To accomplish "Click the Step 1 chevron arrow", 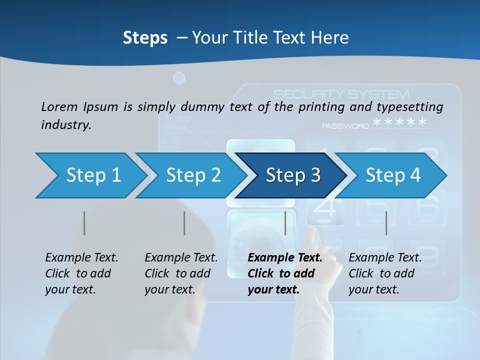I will (90, 175).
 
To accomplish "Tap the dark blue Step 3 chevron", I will (292, 175).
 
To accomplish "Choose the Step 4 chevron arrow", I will (392, 175).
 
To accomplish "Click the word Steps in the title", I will (145, 38).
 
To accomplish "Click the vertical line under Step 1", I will (84, 223).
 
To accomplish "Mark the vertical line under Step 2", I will (184, 223).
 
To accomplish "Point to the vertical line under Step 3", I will (285, 223).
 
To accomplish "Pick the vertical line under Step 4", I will (386, 223).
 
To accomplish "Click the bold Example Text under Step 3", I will (285, 258).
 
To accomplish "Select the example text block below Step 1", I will (81, 273).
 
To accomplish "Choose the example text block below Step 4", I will (385, 273).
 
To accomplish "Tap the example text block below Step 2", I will (181, 273).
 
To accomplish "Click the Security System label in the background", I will (341, 94).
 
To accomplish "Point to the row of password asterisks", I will (399, 123).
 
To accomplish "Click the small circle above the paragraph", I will (179, 78).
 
